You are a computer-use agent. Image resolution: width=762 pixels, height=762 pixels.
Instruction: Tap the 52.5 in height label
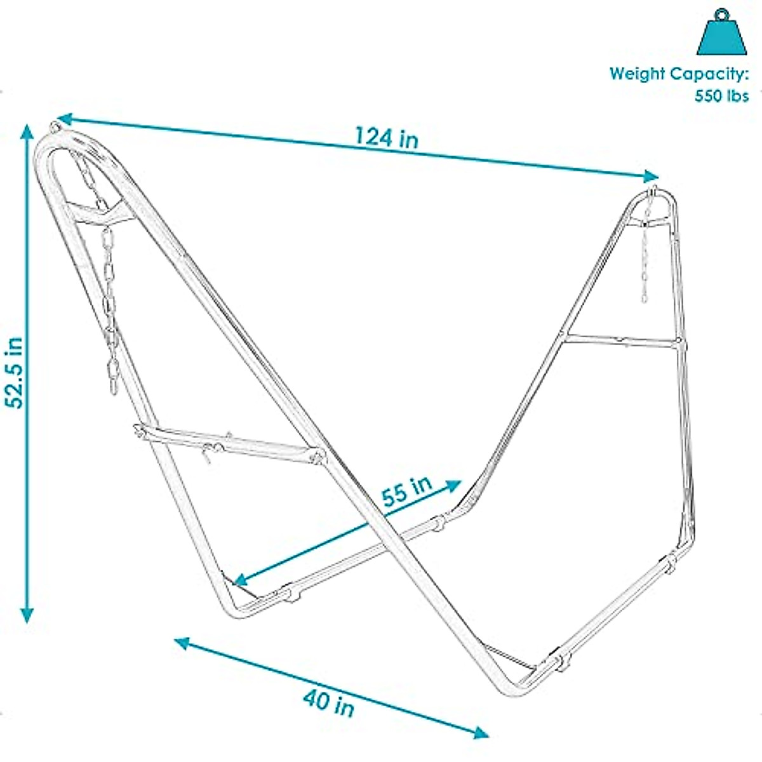pyautogui.click(x=14, y=371)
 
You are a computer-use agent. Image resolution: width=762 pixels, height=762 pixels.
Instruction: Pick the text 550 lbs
pyautogui.click(x=721, y=96)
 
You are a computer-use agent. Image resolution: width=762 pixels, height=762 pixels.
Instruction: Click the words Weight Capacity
pyautogui.click(x=679, y=74)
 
